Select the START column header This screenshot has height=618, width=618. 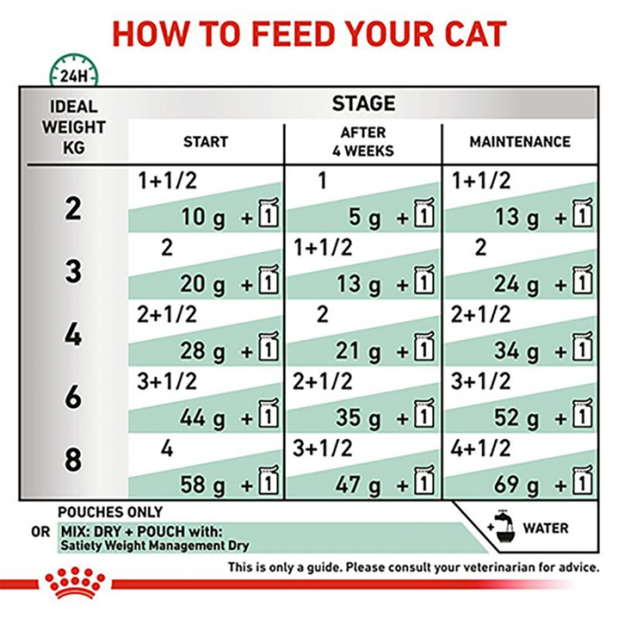(205, 141)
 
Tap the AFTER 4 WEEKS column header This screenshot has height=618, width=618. (363, 142)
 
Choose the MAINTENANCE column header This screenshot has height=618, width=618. (520, 141)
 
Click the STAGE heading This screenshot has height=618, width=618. (363, 104)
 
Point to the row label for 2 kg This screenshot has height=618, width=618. (73, 208)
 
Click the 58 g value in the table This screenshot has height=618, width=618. (203, 484)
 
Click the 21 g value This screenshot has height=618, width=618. (358, 350)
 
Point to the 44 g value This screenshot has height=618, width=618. (203, 418)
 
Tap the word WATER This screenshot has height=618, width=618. (546, 529)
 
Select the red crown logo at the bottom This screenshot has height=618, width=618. (73, 584)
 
